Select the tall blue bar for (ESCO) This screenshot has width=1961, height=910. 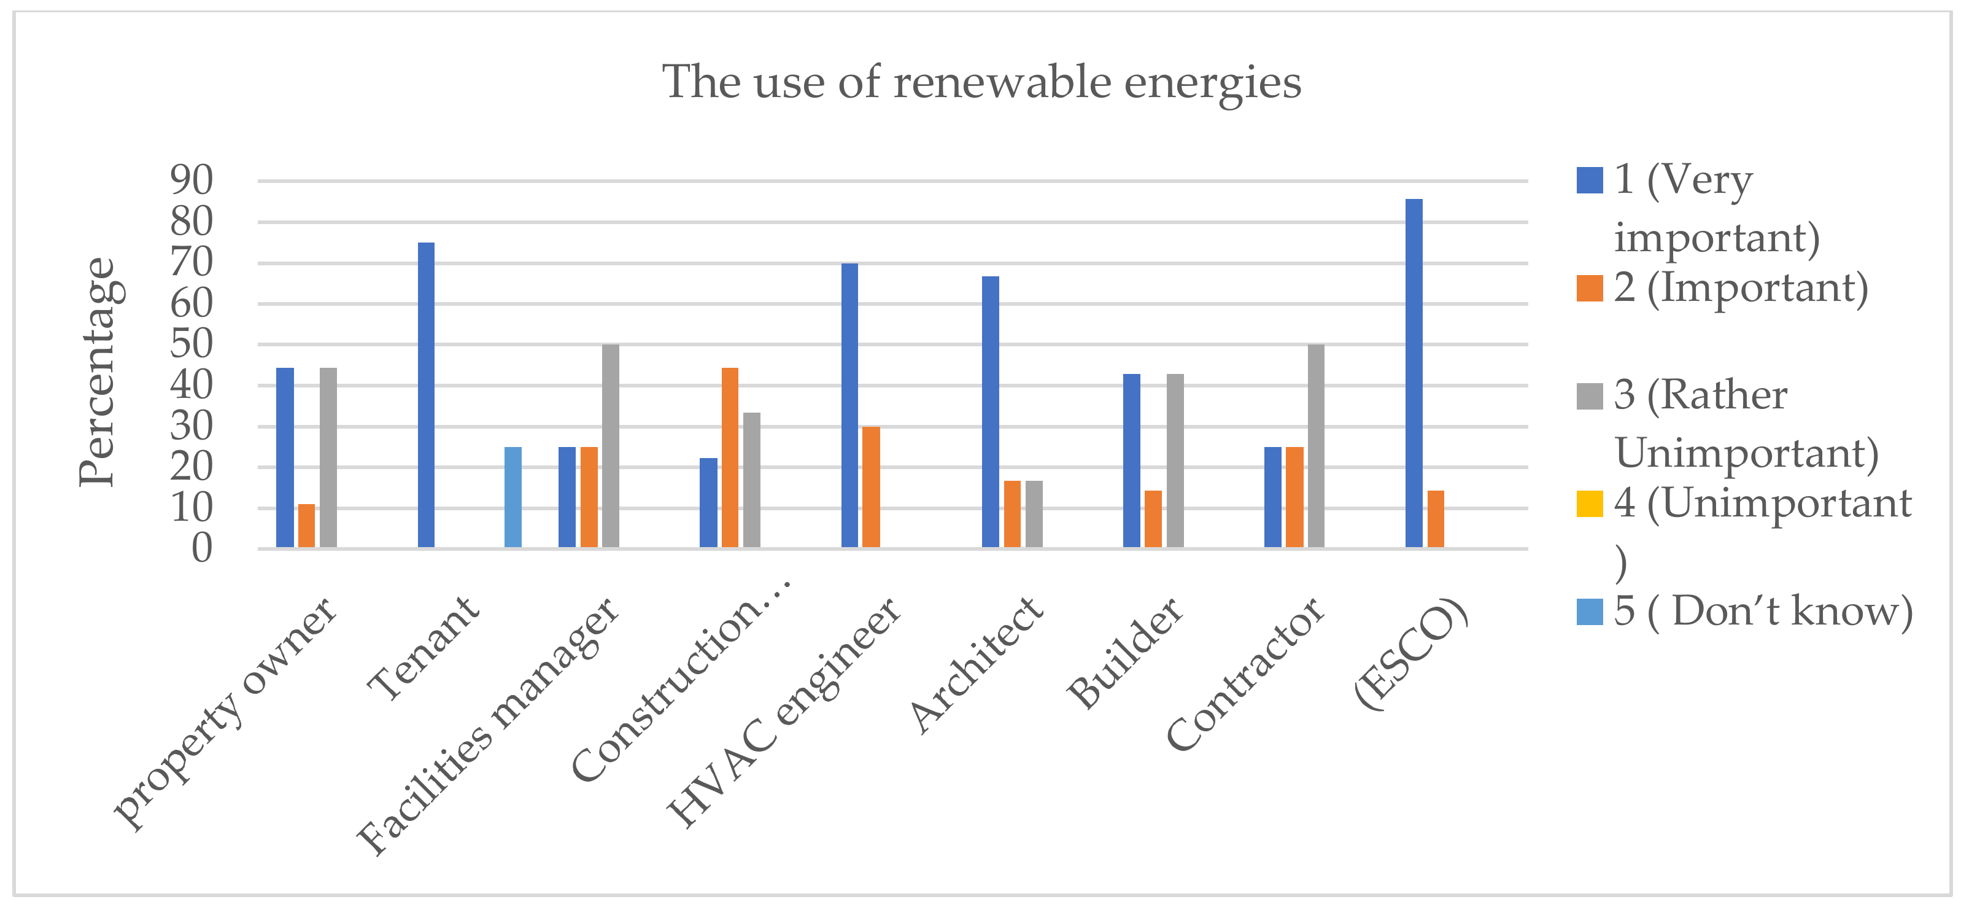1413,373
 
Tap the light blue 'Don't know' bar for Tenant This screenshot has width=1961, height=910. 513,497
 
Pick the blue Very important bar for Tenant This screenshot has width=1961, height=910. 427,394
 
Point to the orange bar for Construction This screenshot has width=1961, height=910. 729,457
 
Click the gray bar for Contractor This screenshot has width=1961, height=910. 1315,445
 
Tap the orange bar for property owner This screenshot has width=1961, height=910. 306,526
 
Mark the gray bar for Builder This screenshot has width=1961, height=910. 1175,460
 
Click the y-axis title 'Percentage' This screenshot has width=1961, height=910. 98,371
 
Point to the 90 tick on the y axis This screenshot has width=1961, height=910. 192,181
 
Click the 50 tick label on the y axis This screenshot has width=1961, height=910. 192,344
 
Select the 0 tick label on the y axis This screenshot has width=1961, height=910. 202,548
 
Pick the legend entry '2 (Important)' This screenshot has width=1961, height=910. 1739,288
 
